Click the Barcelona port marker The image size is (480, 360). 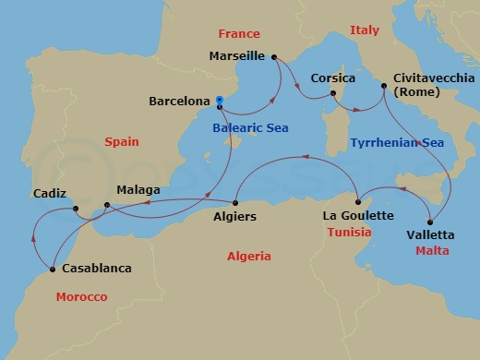pyautogui.click(x=220, y=102)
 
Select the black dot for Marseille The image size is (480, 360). pyautogui.click(x=275, y=57)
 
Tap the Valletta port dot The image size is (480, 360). pyautogui.click(x=430, y=222)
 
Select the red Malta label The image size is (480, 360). pyautogui.click(x=432, y=250)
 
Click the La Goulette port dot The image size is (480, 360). pyautogui.click(x=356, y=201)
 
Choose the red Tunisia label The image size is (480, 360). pyautogui.click(x=349, y=232)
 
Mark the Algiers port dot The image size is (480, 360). pyautogui.click(x=236, y=202)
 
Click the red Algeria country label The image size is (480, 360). pyautogui.click(x=248, y=255)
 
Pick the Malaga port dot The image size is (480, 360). pyautogui.click(x=107, y=204)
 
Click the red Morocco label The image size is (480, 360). pyautogui.click(x=81, y=297)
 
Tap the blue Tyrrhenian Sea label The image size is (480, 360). pyautogui.click(x=397, y=142)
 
